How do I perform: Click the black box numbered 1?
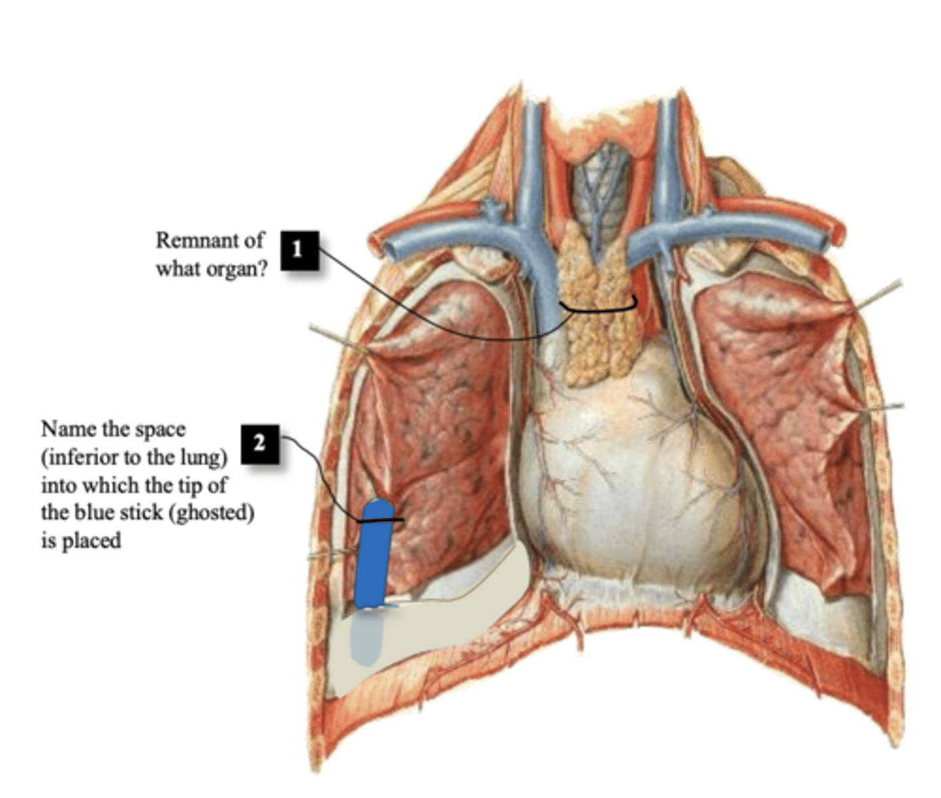299,250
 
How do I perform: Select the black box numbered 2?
259,444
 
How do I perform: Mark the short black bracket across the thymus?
599,309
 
